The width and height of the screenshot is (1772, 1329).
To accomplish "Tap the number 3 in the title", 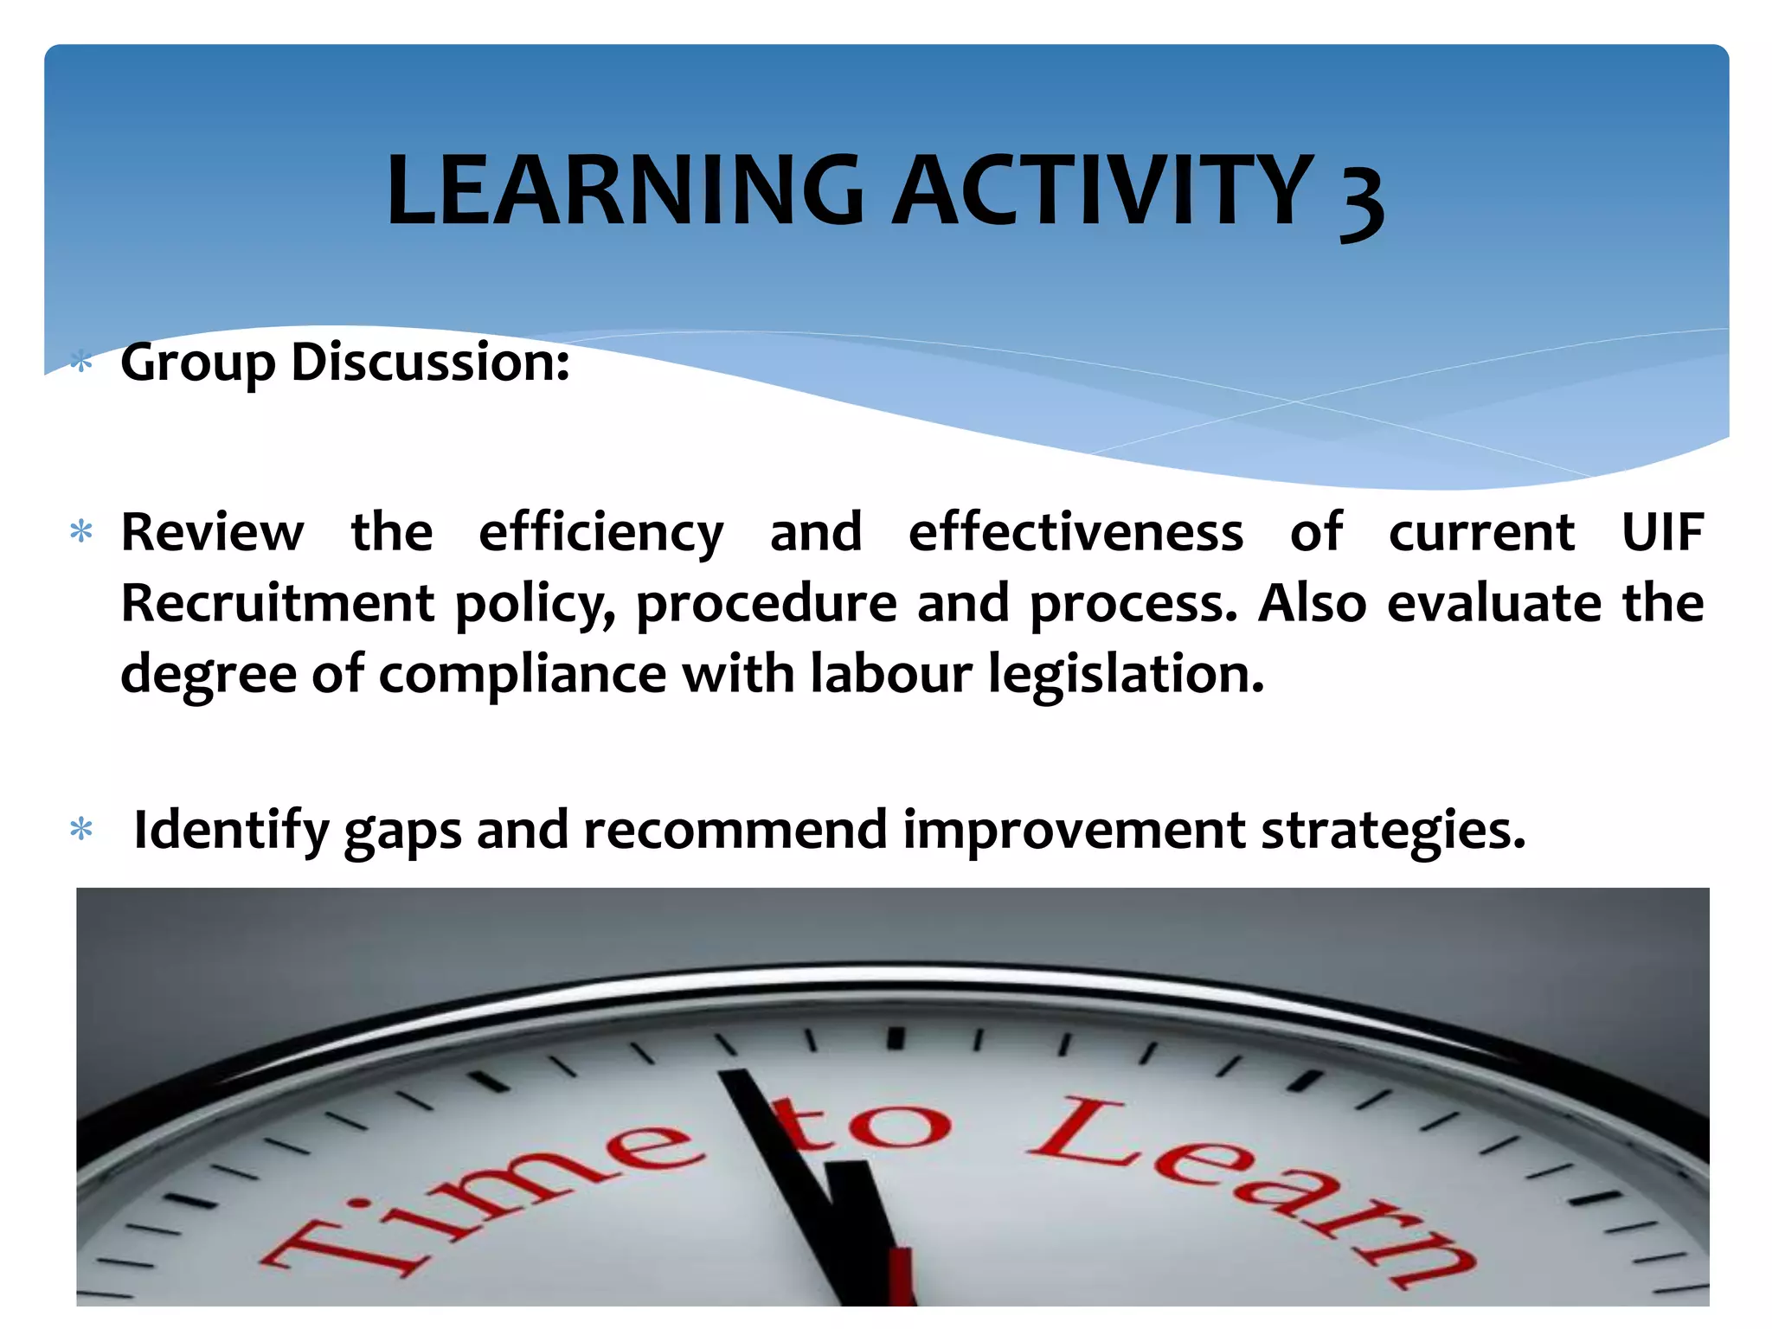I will click(1362, 201).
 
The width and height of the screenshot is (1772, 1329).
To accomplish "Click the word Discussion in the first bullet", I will click(430, 362).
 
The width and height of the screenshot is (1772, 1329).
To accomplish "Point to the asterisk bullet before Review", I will click(81, 532).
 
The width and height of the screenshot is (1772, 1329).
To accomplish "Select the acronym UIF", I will click(1661, 531).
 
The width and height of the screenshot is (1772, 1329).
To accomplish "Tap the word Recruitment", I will click(277, 602).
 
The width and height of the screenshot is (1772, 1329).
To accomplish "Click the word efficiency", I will click(600, 533).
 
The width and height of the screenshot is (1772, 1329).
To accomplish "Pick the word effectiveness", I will click(1075, 531).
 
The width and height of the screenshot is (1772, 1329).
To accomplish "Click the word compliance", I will click(523, 675).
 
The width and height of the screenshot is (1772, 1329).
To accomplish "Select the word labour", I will click(891, 673).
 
